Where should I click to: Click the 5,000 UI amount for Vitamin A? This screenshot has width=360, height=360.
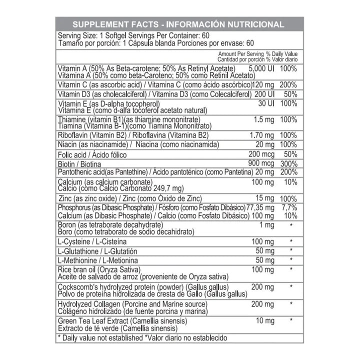pyautogui.click(x=261, y=67)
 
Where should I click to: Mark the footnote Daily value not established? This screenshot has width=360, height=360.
pyautogui.click(x=101, y=337)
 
